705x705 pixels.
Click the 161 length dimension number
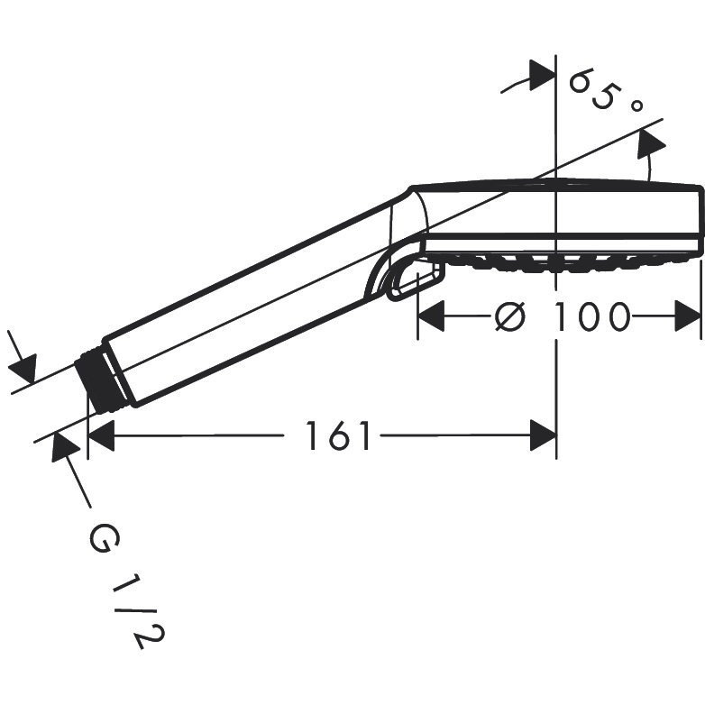[338, 435]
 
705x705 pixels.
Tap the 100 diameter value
[591, 316]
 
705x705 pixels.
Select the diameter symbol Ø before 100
[510, 316]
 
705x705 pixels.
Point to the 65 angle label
[593, 89]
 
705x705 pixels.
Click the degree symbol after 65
[636, 105]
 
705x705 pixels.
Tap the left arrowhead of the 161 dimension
[101, 435]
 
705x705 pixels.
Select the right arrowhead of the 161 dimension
[543, 435]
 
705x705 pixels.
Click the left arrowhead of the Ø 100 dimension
[432, 316]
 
